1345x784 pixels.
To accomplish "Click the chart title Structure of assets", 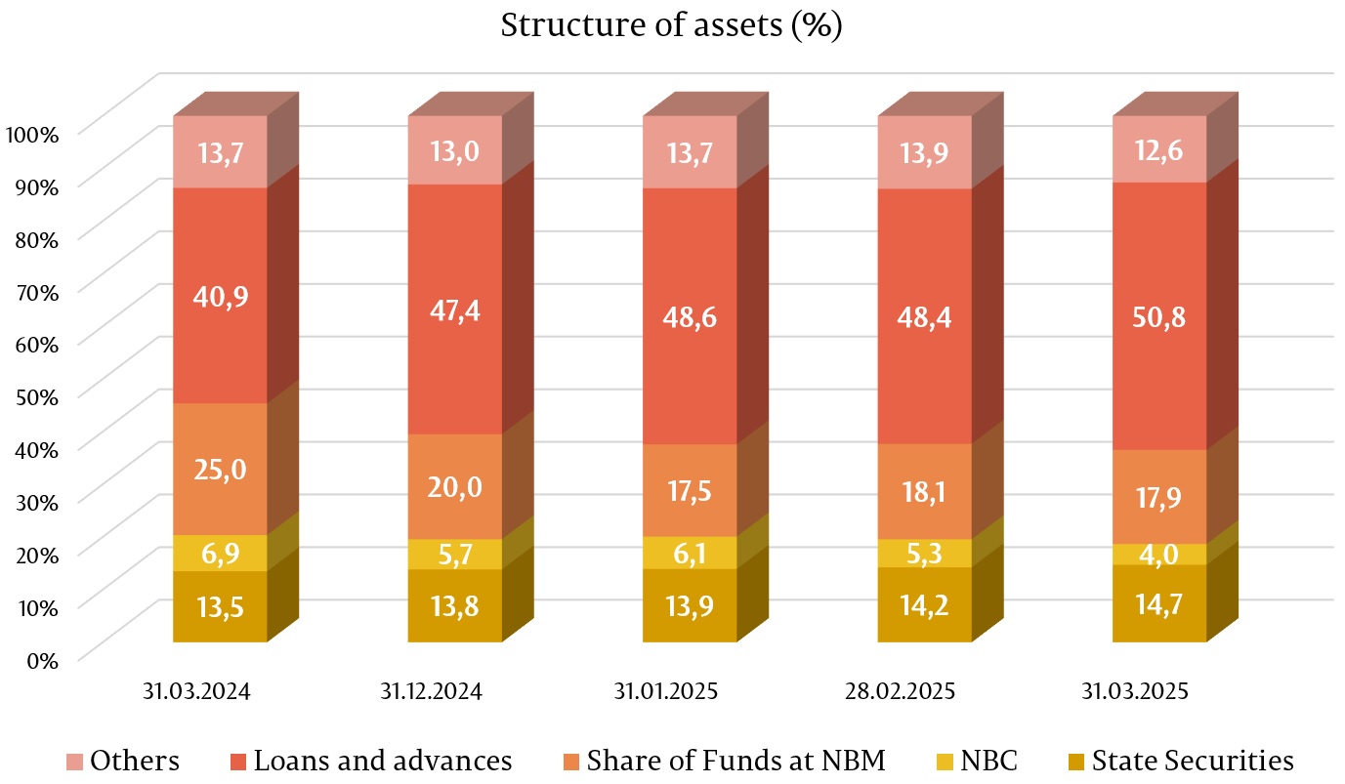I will pos(671,24).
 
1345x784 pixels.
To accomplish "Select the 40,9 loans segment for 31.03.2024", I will pos(220,295).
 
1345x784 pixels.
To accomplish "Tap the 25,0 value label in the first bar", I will pos(220,469).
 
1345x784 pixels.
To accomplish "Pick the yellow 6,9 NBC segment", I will pos(220,553).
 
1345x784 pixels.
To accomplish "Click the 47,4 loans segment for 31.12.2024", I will pos(454,309).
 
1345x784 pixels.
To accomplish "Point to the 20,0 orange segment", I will pos(454,486).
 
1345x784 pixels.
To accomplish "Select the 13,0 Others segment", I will pos(454,150).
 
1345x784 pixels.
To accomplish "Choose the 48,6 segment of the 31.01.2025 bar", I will pos(690,315).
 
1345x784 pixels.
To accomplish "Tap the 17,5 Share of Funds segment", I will pos(690,490).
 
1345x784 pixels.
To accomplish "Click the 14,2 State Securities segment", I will pos(924,605).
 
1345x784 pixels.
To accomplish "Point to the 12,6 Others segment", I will pos(1159,149).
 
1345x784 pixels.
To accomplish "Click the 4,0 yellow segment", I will pos(1159,554).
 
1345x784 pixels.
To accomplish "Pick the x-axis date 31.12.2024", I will pos(431,692).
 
